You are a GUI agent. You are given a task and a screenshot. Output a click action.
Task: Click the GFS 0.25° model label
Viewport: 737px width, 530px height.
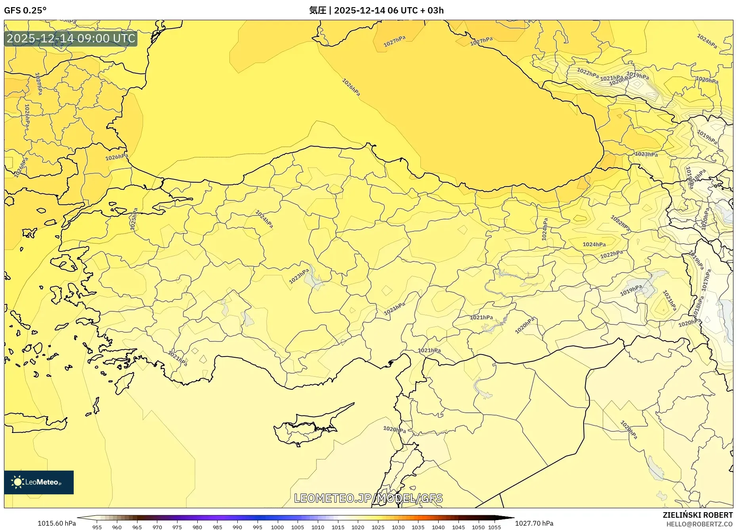pyautogui.click(x=25, y=10)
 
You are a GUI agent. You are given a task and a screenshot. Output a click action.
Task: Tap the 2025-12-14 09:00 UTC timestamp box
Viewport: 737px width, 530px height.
pyautogui.click(x=71, y=38)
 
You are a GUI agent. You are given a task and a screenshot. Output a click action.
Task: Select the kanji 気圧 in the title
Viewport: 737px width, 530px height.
pyautogui.click(x=317, y=10)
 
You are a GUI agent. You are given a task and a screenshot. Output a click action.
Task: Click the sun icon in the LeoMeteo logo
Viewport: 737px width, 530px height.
pyautogui.click(x=17, y=482)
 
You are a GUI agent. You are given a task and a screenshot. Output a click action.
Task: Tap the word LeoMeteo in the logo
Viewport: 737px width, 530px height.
pyautogui.click(x=42, y=482)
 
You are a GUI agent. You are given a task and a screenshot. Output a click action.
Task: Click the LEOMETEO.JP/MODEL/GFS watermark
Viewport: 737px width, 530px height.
pyautogui.click(x=368, y=498)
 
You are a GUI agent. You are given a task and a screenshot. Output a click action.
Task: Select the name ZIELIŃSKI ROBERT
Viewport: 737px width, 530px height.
pyautogui.click(x=697, y=515)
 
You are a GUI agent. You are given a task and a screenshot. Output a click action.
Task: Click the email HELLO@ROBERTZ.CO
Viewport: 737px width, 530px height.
pyautogui.click(x=699, y=524)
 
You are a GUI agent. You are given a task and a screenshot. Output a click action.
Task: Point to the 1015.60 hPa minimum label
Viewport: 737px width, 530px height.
pyautogui.click(x=57, y=523)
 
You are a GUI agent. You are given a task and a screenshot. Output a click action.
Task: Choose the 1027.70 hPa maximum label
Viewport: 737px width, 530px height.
pyautogui.click(x=534, y=523)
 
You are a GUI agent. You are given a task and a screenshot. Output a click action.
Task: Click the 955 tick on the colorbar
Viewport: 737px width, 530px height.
pyautogui.click(x=97, y=527)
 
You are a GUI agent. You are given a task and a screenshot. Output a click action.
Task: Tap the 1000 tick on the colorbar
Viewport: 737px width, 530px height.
pyautogui.click(x=277, y=527)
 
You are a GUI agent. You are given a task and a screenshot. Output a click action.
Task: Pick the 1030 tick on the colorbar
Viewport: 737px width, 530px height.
pyautogui.click(x=398, y=527)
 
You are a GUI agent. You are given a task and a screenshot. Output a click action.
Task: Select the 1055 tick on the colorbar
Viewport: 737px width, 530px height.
pyautogui.click(x=495, y=527)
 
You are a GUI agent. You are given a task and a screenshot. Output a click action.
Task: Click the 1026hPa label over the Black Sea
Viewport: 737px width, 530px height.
pyautogui.click(x=351, y=87)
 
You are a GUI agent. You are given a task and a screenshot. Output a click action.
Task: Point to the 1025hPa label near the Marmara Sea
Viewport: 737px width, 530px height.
pyautogui.click(x=134, y=219)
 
